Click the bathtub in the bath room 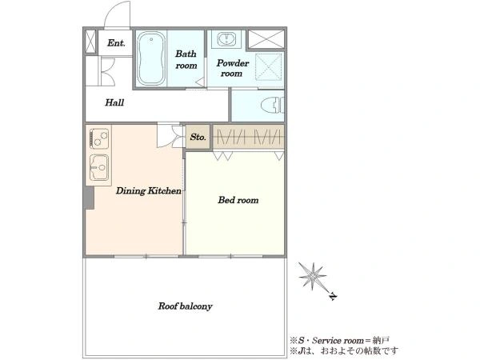[x=151, y=58]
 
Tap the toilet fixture [x=273, y=105]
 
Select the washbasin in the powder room [x=226, y=39]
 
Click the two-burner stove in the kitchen [x=99, y=138]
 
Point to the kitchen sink [x=99, y=167]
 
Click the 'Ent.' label [x=116, y=43]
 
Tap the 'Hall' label [x=114, y=102]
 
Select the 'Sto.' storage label [x=198, y=137]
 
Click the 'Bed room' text [x=238, y=200]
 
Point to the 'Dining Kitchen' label [x=149, y=190]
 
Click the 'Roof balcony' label [x=185, y=306]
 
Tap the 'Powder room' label [x=232, y=68]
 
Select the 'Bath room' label [x=186, y=59]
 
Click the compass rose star [x=312, y=276]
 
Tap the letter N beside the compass [x=333, y=296]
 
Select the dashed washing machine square [x=269, y=67]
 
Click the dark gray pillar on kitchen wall [x=89, y=198]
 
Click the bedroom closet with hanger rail [x=248, y=137]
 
